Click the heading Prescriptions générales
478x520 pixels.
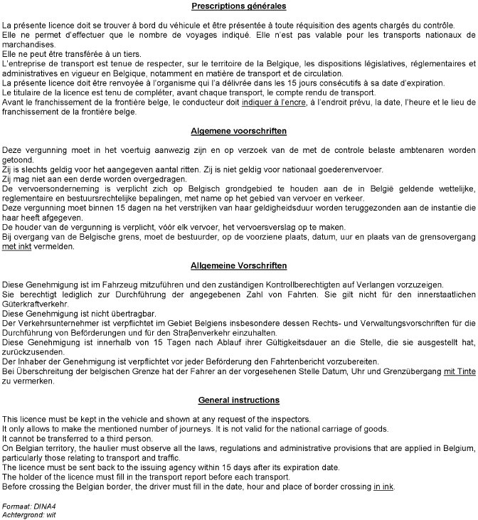[239, 6]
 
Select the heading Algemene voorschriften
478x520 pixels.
[239, 132]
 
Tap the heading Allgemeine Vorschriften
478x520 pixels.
[239, 265]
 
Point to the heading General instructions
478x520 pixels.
[239, 400]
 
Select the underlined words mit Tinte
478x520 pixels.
[459, 372]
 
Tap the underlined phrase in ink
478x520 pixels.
[383, 487]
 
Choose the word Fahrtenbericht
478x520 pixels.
[307, 361]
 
